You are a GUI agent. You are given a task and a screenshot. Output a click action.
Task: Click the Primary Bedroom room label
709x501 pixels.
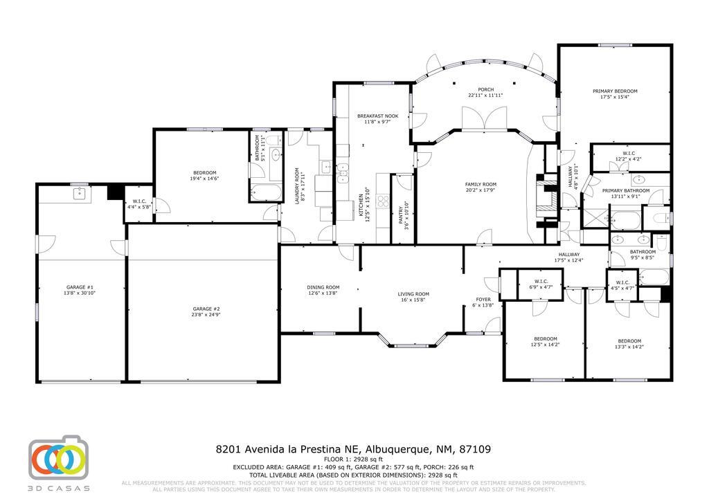tap(615, 91)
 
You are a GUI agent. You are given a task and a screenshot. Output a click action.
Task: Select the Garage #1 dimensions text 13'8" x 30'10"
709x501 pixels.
tap(80, 293)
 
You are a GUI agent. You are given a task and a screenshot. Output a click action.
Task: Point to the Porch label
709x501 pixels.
tap(485, 89)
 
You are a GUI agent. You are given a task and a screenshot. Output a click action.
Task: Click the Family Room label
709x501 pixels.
tap(480, 184)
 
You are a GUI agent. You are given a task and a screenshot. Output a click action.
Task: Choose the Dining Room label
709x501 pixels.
tap(323, 287)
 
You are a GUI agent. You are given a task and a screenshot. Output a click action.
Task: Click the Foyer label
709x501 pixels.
tap(483, 299)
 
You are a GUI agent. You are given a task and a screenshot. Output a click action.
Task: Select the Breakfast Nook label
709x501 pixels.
tap(377, 116)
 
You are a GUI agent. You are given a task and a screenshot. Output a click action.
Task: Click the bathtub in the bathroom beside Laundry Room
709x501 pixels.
tap(264, 192)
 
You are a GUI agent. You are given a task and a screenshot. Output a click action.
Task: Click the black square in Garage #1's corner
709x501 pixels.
tap(114, 192)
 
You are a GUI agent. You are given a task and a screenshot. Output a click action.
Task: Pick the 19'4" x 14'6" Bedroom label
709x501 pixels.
tap(205, 173)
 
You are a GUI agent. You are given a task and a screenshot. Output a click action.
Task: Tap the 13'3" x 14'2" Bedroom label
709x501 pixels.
tap(629, 340)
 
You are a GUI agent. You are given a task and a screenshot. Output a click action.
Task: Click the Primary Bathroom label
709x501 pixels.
tap(625, 190)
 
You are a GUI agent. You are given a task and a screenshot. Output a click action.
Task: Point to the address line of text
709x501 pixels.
tap(354, 449)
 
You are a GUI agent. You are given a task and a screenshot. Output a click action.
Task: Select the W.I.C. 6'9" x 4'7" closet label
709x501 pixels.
tap(541, 281)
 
